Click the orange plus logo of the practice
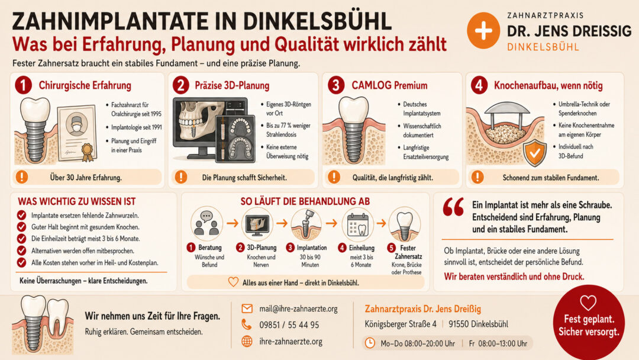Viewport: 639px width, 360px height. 483,31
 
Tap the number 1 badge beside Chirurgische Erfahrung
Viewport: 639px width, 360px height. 23,85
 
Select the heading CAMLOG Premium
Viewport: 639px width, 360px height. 389,85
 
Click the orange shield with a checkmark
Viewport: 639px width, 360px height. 535,153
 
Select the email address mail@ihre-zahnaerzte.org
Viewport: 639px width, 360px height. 298,308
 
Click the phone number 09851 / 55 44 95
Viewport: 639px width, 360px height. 289,325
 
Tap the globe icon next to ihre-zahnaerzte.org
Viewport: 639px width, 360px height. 247,341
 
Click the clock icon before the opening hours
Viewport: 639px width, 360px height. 370,343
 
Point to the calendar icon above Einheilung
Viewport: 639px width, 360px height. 357,224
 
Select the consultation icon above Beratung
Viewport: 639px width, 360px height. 206,223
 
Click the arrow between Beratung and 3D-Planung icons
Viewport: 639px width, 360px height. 233,223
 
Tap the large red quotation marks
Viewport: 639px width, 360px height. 453,207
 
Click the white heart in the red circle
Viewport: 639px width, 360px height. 588,303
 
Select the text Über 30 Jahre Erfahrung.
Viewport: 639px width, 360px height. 86,178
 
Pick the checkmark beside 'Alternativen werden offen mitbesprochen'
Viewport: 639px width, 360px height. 22,250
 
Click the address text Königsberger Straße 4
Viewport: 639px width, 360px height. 400,324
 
